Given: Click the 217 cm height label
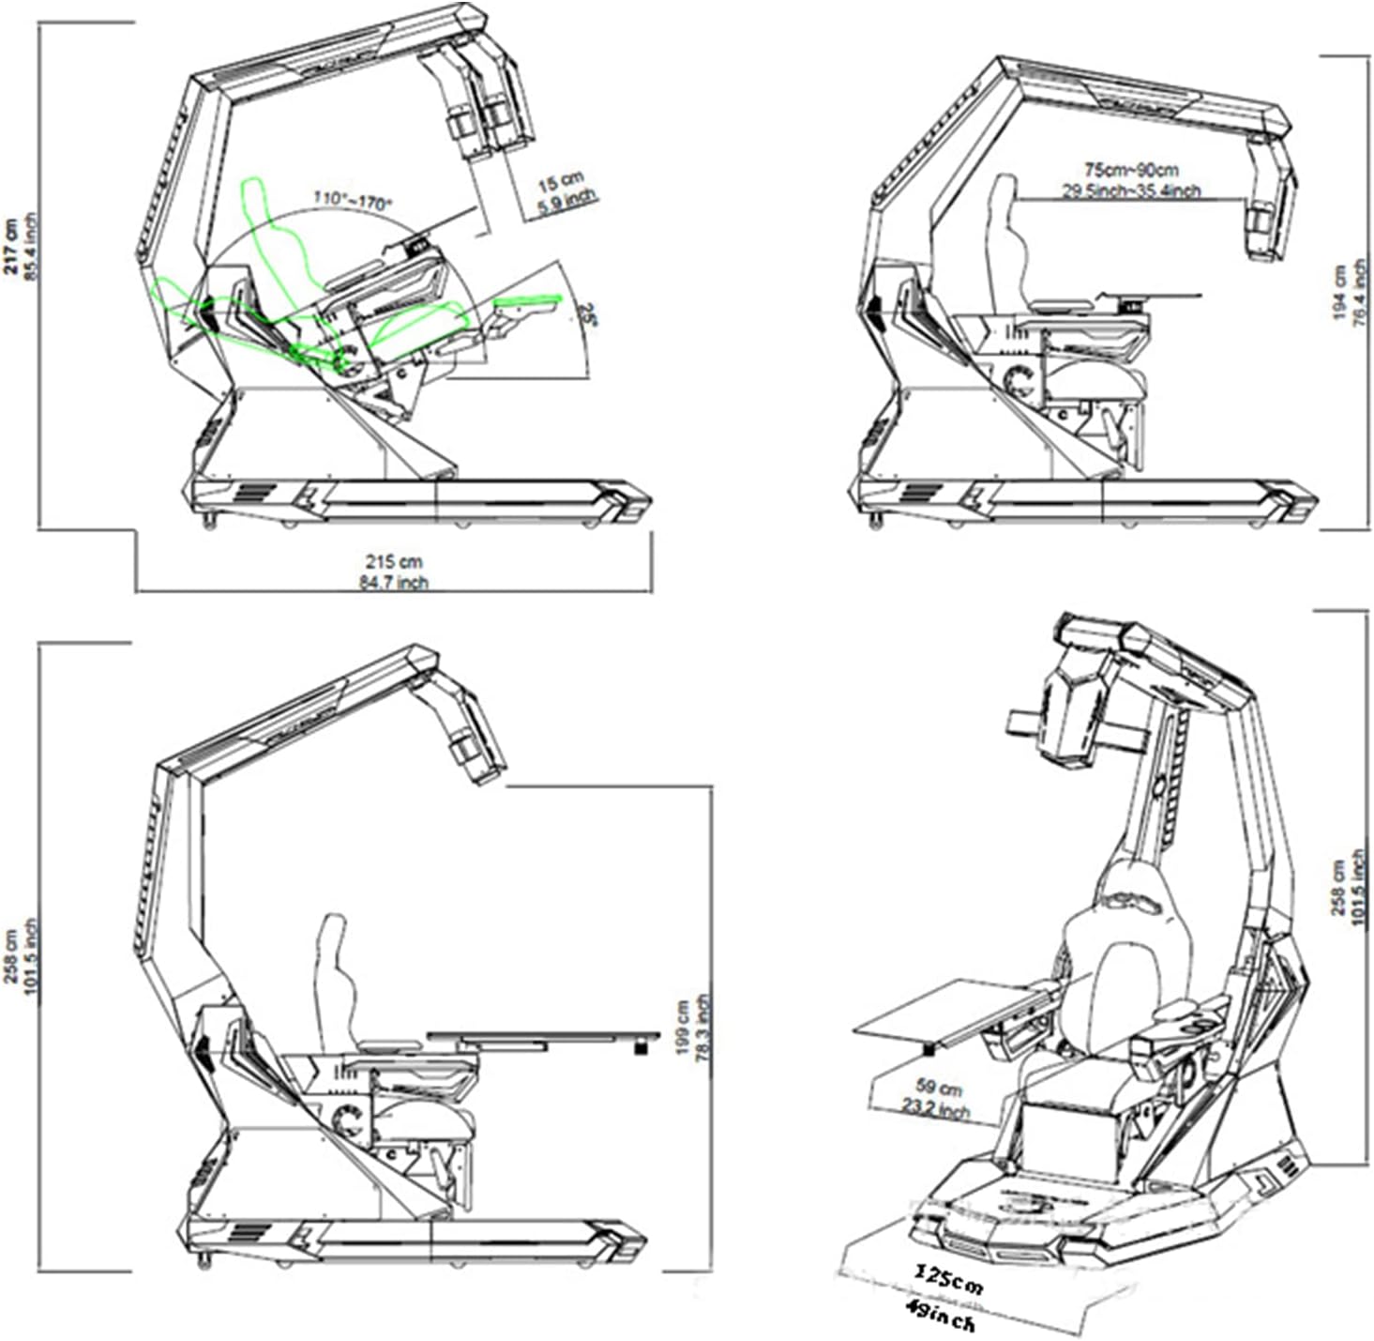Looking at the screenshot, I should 10,246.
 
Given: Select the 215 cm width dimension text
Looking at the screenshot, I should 394,561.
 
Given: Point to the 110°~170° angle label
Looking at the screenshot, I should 353,199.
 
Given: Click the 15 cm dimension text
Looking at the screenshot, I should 561,182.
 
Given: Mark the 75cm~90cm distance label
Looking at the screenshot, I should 1131,171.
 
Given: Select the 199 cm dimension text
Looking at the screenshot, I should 682,1027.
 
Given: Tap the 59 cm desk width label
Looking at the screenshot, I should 939,1088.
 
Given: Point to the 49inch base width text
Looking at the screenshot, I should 940,1314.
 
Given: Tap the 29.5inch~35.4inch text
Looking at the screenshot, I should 1131,191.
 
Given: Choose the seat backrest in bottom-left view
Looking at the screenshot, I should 334,976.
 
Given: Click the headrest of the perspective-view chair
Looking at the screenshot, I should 1133,890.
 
